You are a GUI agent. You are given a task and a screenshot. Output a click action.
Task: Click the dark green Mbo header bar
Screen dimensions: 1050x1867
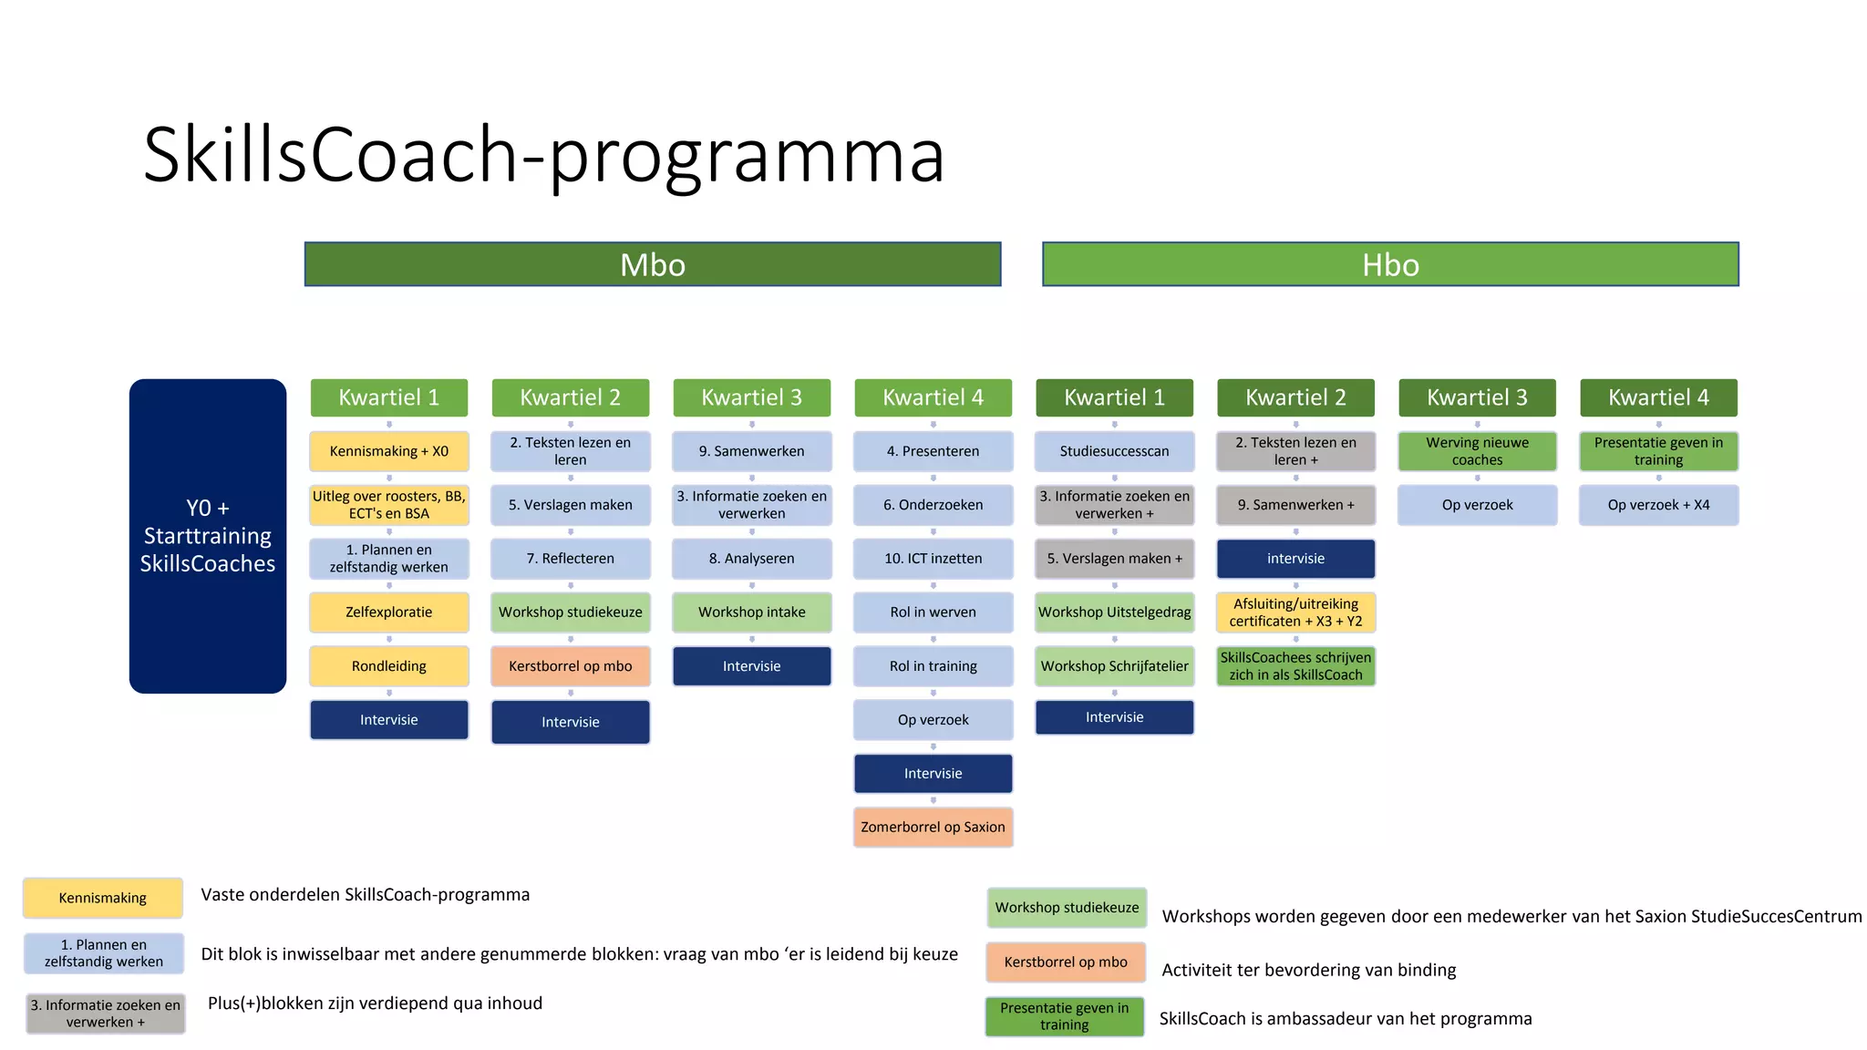653,264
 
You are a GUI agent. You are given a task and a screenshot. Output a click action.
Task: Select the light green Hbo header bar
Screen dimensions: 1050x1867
1390,264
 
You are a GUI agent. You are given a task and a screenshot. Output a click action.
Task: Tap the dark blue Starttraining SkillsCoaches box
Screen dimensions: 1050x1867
208,536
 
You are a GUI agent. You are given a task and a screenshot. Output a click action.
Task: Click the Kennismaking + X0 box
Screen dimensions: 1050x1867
389,451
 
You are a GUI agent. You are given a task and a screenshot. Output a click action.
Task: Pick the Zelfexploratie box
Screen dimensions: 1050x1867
389,612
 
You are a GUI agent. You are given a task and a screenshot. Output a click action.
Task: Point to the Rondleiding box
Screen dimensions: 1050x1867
389,666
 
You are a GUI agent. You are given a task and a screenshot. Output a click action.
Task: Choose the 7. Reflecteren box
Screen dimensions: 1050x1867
571,559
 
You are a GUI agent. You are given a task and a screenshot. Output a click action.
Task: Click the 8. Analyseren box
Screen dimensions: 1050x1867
752,559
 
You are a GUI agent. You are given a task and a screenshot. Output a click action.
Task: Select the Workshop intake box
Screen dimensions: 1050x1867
752,612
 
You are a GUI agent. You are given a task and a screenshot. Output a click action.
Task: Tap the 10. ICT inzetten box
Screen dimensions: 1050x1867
933,559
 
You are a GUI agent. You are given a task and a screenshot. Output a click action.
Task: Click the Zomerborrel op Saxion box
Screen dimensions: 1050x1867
933,828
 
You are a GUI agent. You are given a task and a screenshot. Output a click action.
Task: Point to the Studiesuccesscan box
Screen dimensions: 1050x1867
1114,451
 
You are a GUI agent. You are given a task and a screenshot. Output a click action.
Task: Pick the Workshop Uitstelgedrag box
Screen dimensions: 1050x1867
1114,612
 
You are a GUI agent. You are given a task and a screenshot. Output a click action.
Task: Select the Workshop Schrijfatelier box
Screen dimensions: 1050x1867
1114,666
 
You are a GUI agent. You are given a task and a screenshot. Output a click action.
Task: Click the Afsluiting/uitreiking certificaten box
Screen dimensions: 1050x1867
1295,612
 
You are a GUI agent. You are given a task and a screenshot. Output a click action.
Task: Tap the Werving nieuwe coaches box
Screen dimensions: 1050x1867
1477,451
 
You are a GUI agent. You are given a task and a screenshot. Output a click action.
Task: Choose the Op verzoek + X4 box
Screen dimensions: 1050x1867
1658,505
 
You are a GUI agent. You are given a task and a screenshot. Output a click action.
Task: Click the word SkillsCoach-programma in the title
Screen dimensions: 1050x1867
543,155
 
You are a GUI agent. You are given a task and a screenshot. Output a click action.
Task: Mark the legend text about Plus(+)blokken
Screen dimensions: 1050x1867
375,1004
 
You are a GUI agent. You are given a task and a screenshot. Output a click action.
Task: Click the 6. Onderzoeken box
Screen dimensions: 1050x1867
933,505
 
